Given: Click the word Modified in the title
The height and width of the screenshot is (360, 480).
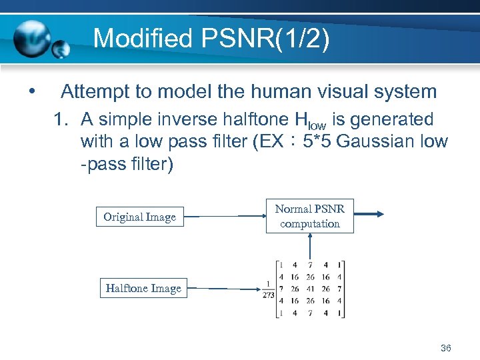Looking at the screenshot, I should point(134,39).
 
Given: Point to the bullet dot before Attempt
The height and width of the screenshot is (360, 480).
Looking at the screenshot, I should point(31,91).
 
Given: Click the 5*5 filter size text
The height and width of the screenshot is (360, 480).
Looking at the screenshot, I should point(318,142).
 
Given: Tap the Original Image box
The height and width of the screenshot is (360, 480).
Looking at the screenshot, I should point(140,217).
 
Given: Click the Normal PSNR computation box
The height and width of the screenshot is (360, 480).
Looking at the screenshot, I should point(310,216).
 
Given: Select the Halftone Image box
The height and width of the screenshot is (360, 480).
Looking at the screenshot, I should point(143,288).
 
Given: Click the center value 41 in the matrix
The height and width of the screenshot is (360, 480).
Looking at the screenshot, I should point(309,289).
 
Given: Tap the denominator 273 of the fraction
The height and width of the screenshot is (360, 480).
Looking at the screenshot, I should point(268,295).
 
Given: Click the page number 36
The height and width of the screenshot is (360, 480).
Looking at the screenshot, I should point(446,348).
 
